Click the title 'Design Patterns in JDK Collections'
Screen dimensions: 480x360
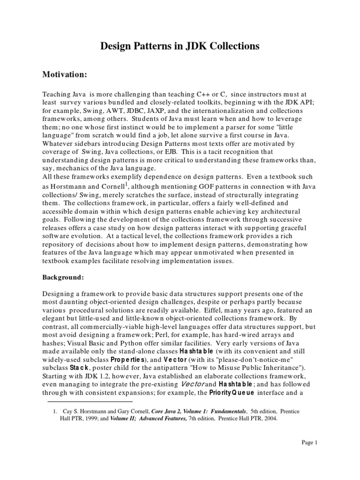point(180,46)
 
